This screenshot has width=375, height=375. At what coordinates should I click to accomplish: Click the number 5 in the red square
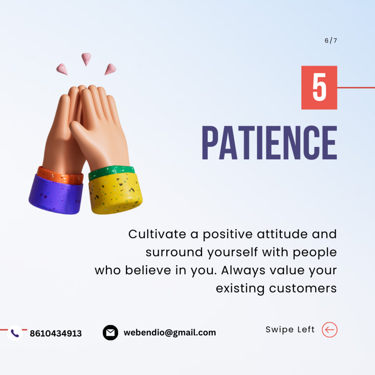point(319,88)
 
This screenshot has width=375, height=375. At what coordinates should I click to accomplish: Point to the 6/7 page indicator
point(331,41)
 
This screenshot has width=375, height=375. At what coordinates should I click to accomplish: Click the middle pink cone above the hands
point(86,59)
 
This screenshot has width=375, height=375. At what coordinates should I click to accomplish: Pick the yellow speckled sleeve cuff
point(115,192)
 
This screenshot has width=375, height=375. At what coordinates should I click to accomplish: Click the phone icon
point(15,333)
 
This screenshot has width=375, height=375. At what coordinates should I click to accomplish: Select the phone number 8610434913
point(56,334)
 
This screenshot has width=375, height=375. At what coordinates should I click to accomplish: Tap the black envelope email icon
point(110,333)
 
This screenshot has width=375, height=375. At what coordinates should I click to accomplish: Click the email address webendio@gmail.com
point(170,333)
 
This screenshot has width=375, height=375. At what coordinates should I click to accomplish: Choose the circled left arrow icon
point(330,330)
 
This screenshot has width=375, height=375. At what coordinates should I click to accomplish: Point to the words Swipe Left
point(290,330)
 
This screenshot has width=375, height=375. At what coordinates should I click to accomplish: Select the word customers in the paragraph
point(303,288)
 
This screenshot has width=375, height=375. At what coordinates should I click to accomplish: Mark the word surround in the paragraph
point(174,252)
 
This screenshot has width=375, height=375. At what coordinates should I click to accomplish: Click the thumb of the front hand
point(79,128)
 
